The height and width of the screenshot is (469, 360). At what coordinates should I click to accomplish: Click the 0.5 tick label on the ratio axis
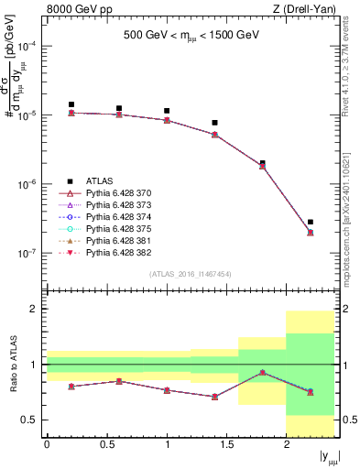pos(30,420)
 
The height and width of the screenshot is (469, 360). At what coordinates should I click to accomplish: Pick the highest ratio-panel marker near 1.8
pos(263,373)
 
